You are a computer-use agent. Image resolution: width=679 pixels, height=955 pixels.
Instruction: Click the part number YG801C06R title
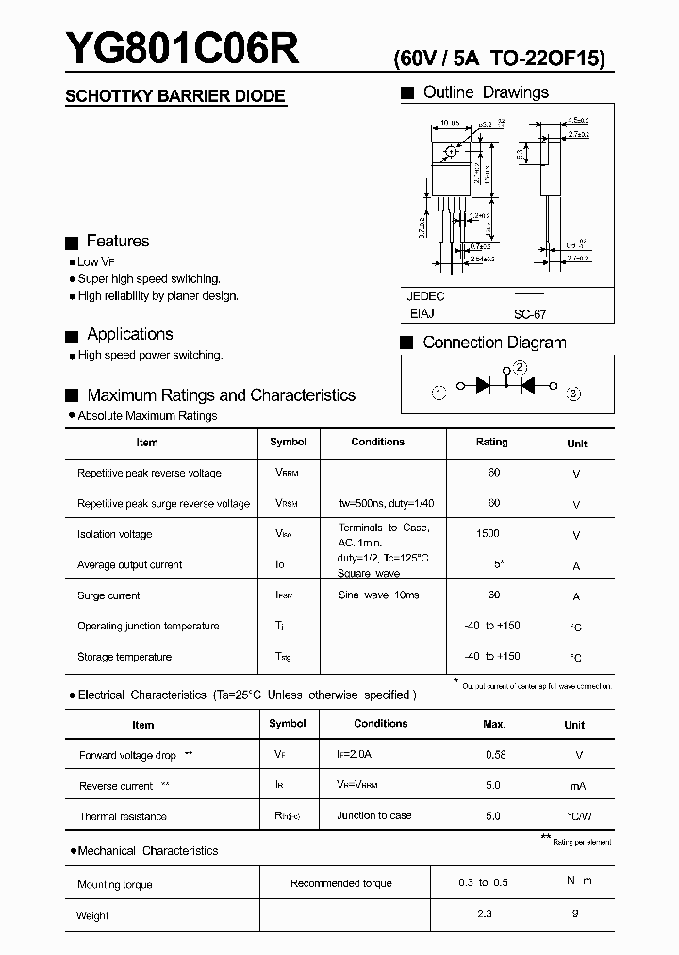(x=182, y=49)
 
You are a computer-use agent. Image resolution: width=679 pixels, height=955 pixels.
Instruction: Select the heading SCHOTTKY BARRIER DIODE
(x=174, y=96)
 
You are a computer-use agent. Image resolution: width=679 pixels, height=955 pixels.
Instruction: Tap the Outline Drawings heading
(x=485, y=92)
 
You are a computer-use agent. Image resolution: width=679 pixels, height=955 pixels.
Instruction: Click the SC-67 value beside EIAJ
(x=530, y=315)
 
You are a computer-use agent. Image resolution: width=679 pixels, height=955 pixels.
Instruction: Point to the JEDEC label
(x=425, y=296)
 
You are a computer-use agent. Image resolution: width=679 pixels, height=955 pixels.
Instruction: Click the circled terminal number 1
(x=439, y=394)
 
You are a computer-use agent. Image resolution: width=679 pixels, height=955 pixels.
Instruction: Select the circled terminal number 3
(x=573, y=394)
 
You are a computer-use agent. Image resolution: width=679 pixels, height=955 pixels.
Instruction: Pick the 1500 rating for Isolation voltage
(x=488, y=534)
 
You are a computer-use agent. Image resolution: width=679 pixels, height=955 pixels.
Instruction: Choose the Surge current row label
(x=108, y=595)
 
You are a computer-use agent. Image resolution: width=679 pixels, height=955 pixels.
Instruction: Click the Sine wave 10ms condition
(x=378, y=595)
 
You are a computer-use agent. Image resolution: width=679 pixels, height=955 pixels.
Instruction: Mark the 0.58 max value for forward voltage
(x=495, y=755)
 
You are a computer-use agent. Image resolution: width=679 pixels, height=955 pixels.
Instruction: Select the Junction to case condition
(x=374, y=815)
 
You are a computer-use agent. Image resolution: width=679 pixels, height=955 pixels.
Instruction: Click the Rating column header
(x=491, y=442)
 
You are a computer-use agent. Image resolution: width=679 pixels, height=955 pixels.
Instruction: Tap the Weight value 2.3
(x=485, y=913)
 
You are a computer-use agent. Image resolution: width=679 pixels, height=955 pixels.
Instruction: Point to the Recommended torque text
(x=341, y=883)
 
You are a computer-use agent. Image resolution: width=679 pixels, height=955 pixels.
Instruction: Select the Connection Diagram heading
(x=494, y=343)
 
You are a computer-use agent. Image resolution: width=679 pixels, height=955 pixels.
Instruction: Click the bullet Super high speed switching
(x=149, y=279)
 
